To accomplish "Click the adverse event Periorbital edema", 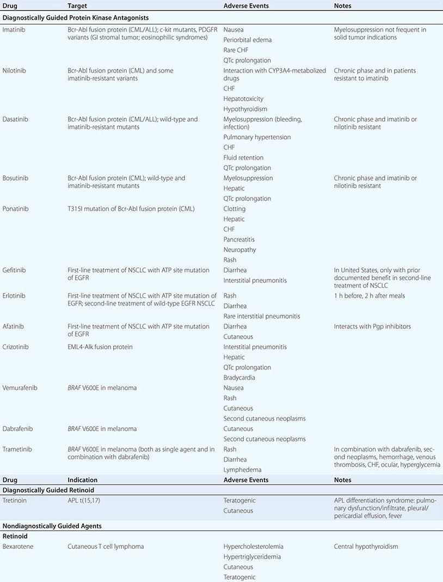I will pos(247,40).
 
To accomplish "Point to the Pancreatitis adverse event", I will pos(239,240).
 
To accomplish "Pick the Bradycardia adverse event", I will pos(239,378).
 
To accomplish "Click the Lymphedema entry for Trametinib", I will pos(242,470).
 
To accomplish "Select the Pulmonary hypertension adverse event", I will pos(257,137).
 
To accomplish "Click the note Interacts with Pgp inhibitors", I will pos(372,327).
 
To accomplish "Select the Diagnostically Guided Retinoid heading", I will pos(49,490).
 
